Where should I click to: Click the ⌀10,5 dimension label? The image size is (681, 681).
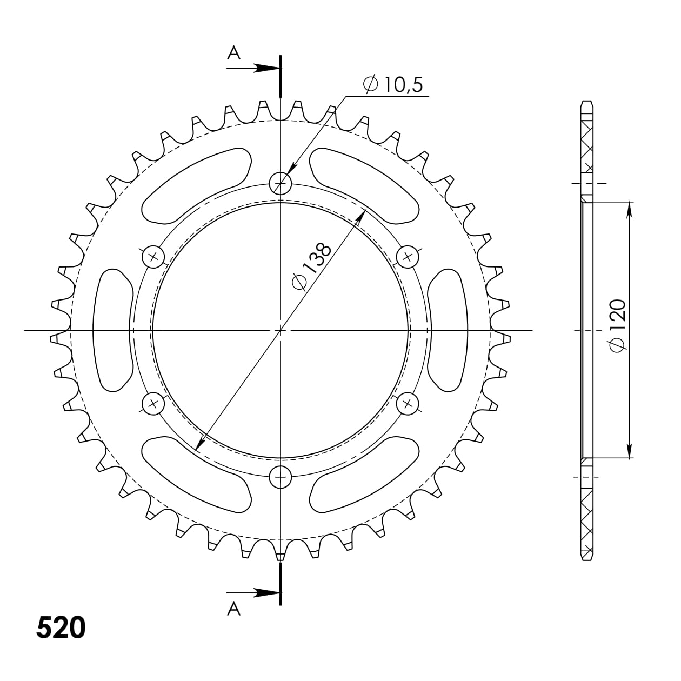tap(393, 85)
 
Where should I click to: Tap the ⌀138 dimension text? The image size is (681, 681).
tap(311, 267)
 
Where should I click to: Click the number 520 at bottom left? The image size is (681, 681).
tap(61, 627)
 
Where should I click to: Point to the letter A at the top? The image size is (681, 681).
tap(233, 52)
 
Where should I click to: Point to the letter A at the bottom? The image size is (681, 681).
tap(233, 609)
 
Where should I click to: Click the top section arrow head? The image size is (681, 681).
tap(269, 69)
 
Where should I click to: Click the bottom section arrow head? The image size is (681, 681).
tap(269, 593)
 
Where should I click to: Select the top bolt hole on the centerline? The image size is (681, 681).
tap(281, 183)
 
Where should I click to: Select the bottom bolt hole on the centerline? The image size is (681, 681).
tap(281, 477)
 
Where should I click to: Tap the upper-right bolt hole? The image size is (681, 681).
tap(408, 256)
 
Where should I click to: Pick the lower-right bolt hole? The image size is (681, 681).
tap(408, 403)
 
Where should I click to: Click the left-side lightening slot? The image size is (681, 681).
tap(113, 330)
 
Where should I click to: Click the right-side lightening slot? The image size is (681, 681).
tap(448, 330)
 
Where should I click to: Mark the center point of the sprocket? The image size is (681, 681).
tap(281, 330)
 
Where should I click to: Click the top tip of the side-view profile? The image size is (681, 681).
tap(587, 101)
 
